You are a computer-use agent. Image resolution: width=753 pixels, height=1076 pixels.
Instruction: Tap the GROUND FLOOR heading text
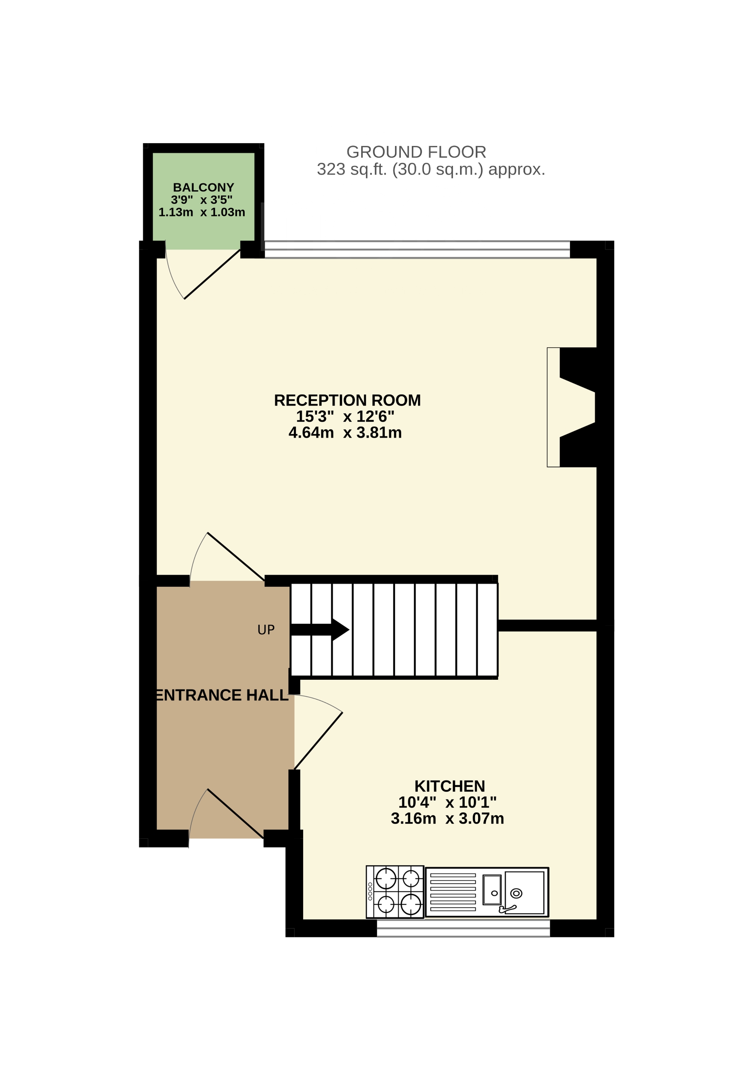pos(416,152)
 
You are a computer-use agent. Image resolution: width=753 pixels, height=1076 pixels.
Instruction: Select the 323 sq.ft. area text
pos(431,169)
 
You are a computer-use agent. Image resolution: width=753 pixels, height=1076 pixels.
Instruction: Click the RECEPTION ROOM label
pos(347,400)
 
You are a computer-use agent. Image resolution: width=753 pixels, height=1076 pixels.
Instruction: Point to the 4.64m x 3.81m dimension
pos(345,433)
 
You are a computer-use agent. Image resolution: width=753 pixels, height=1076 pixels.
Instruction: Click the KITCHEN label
pos(449,786)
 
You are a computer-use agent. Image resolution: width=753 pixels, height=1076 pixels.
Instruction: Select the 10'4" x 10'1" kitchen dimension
pos(447,802)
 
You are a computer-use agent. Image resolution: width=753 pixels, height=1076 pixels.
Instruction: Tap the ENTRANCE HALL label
pos(222,695)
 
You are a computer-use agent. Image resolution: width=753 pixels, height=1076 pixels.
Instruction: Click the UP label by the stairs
pos(266,630)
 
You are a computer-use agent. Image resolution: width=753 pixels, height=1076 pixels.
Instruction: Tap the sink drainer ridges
pos(453,892)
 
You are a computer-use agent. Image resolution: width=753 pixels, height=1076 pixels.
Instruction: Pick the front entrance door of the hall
pos(234,814)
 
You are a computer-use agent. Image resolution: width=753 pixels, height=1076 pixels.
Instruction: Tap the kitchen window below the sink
pos(463,928)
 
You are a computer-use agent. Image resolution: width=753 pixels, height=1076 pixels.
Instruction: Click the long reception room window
pos(417,249)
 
